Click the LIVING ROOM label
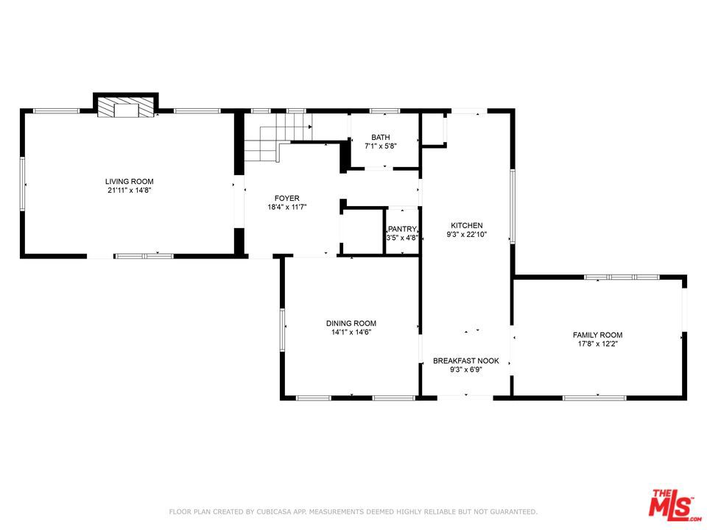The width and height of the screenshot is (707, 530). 130,182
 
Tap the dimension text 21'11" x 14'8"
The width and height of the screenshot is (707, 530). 130,190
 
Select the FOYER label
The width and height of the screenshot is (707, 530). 286,198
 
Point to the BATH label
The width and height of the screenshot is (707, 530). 381,137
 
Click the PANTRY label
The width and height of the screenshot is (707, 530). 402,229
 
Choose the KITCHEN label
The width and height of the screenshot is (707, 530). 467,225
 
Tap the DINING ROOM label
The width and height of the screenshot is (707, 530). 351,323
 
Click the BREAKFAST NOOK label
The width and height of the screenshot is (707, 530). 466,361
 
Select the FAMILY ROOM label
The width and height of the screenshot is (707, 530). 597,335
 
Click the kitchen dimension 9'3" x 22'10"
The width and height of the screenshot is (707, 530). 467,234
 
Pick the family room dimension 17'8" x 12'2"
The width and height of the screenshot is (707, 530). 597,344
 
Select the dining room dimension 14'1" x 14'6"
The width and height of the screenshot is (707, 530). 351,332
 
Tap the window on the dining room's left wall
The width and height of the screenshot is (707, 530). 282,330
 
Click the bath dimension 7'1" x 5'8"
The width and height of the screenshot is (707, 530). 381,146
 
